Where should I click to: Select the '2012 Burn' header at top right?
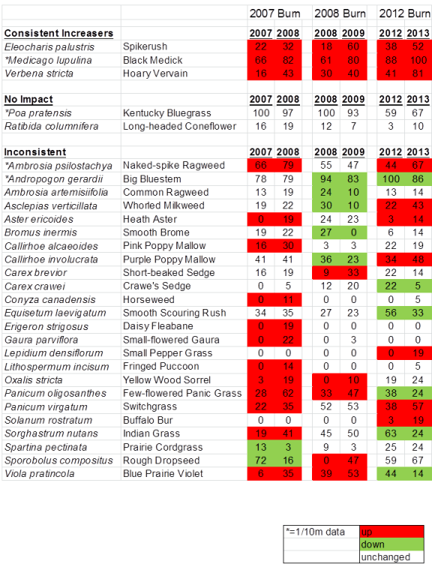tap(403, 13)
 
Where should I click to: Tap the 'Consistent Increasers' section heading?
tap(58, 33)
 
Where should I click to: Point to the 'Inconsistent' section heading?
tap(34, 152)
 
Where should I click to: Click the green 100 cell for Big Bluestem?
tap(391, 179)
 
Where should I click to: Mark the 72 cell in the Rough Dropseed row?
tap(260, 460)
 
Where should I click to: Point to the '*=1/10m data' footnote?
tap(315, 532)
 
